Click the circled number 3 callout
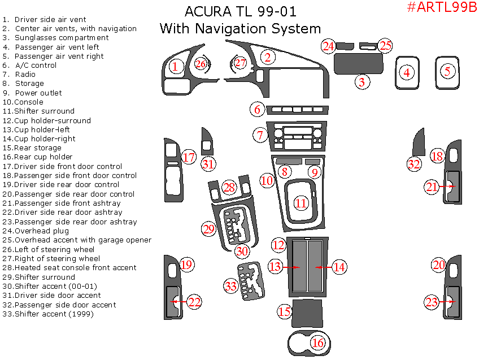[x=363, y=82]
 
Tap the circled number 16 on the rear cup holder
[x=318, y=342]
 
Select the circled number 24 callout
[x=328, y=46]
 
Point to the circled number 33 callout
[x=230, y=286]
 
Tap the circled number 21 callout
[x=432, y=186]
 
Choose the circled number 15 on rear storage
[x=284, y=311]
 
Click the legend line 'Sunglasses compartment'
[x=62, y=38]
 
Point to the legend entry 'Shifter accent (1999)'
[x=54, y=314]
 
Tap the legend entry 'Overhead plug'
[x=42, y=231]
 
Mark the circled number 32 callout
[x=414, y=164]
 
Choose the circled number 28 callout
[x=229, y=187]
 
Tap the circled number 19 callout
[x=186, y=264]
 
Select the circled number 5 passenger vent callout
[x=447, y=71]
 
